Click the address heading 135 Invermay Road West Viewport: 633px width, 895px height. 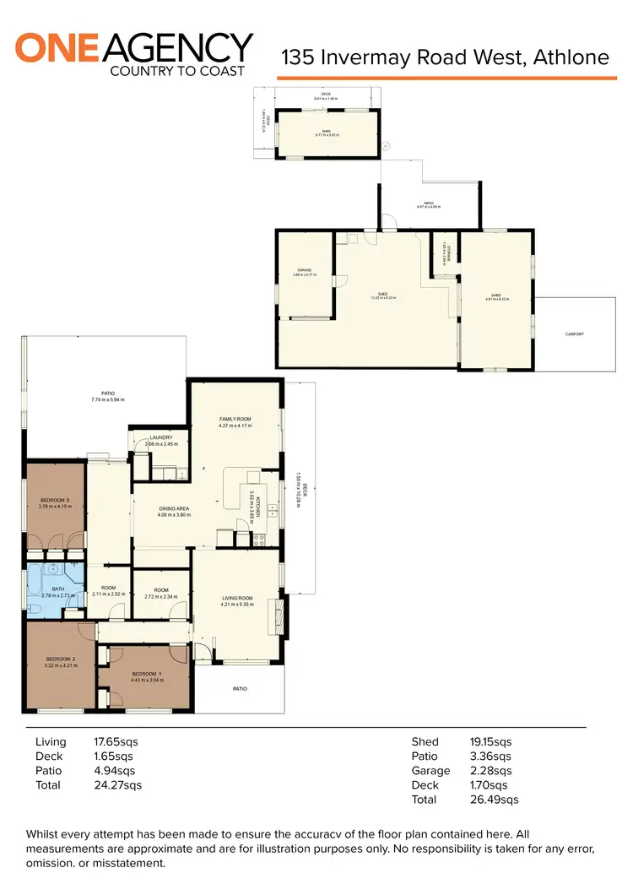click(x=445, y=57)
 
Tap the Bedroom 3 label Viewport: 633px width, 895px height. click(x=55, y=502)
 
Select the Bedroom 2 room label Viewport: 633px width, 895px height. click(x=62, y=659)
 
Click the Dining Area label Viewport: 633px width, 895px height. click(x=175, y=509)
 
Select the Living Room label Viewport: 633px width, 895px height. click(x=236, y=598)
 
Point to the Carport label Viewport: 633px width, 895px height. click(x=574, y=334)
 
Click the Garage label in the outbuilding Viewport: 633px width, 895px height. click(x=303, y=270)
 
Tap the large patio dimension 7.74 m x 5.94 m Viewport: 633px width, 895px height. click(x=108, y=400)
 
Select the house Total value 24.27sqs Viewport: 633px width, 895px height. click(x=117, y=785)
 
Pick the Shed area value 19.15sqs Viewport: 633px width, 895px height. click(x=490, y=742)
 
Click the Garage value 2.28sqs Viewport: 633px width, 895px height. click(x=490, y=771)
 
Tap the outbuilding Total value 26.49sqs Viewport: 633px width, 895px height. click(x=494, y=800)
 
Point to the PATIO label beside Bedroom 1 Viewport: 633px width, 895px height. click(x=240, y=689)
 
